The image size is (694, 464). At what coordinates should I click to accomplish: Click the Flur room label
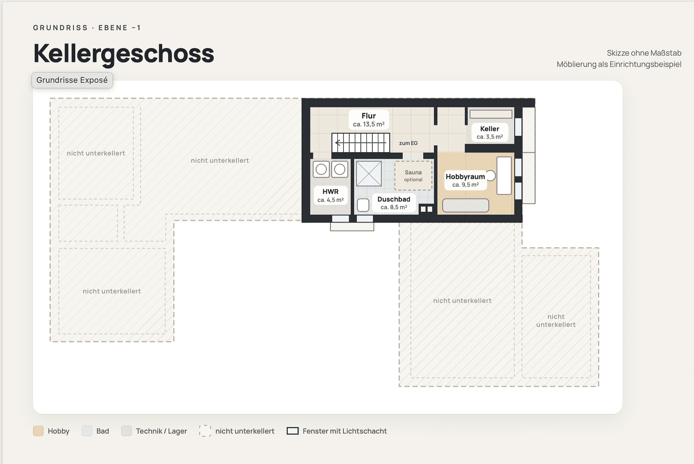368,116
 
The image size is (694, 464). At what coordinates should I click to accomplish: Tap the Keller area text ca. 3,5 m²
489,137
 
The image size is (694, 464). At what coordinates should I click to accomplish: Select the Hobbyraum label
465,177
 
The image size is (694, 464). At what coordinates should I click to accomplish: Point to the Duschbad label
394,199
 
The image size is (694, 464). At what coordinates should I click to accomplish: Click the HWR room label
330,192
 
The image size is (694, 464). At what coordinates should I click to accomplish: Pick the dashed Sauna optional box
413,176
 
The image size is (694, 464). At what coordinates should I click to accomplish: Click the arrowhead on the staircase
338,143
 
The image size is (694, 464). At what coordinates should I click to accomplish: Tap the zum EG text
408,143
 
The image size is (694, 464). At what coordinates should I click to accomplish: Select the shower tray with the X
368,174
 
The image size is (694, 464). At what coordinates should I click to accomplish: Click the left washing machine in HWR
321,169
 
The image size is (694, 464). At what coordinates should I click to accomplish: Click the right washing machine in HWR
340,169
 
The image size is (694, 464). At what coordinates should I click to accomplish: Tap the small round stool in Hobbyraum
491,176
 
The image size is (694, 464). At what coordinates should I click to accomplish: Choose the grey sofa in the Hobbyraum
465,205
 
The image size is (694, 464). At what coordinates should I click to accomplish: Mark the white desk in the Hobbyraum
504,176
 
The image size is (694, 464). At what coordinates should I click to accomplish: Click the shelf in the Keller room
491,114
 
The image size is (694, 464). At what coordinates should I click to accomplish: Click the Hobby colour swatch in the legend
38,431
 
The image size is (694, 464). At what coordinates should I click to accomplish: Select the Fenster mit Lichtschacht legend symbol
292,431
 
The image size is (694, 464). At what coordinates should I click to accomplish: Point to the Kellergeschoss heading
123,53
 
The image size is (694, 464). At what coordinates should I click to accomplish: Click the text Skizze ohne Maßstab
644,53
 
